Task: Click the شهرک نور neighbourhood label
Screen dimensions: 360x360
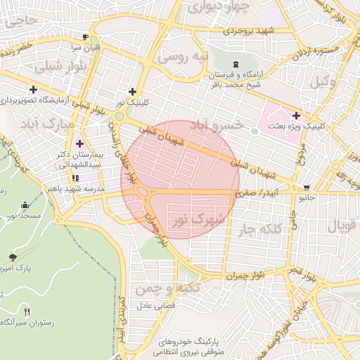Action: click(x=199, y=220)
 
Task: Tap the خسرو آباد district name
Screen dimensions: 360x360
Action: click(x=218, y=124)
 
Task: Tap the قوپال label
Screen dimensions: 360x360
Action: click(x=342, y=227)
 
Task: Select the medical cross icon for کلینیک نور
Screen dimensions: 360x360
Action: click(x=132, y=91)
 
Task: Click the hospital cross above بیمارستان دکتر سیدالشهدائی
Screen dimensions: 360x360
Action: click(x=79, y=143)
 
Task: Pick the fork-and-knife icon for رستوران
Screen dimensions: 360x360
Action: click(x=27, y=311)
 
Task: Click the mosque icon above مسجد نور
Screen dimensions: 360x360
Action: click(x=26, y=205)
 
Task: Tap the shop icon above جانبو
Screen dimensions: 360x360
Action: click(x=307, y=188)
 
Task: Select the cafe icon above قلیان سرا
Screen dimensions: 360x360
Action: click(x=85, y=37)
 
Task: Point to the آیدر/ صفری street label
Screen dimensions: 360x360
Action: click(x=257, y=191)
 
